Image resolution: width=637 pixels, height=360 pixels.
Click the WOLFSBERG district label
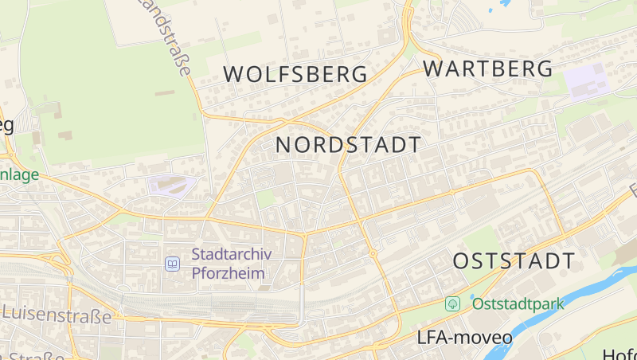(295, 74)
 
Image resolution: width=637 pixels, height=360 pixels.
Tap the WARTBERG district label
(487, 68)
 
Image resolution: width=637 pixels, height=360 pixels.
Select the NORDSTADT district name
(348, 145)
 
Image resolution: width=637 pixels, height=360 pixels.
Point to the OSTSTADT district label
(514, 260)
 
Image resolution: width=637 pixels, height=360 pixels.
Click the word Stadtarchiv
(232, 255)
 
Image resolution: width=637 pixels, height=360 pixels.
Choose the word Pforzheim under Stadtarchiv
(229, 273)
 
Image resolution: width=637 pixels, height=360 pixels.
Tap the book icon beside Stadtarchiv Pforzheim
(172, 264)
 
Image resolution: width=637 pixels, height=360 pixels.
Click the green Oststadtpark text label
(518, 303)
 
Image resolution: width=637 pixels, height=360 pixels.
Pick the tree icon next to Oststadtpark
(453, 303)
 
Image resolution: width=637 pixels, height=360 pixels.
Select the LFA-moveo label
(464, 337)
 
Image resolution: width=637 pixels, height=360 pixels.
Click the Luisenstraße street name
(57, 315)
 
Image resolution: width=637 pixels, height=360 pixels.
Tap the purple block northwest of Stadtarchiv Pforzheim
(170, 186)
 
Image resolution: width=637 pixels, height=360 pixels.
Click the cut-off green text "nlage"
(19, 174)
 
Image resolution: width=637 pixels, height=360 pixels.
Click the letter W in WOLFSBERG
(233, 74)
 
